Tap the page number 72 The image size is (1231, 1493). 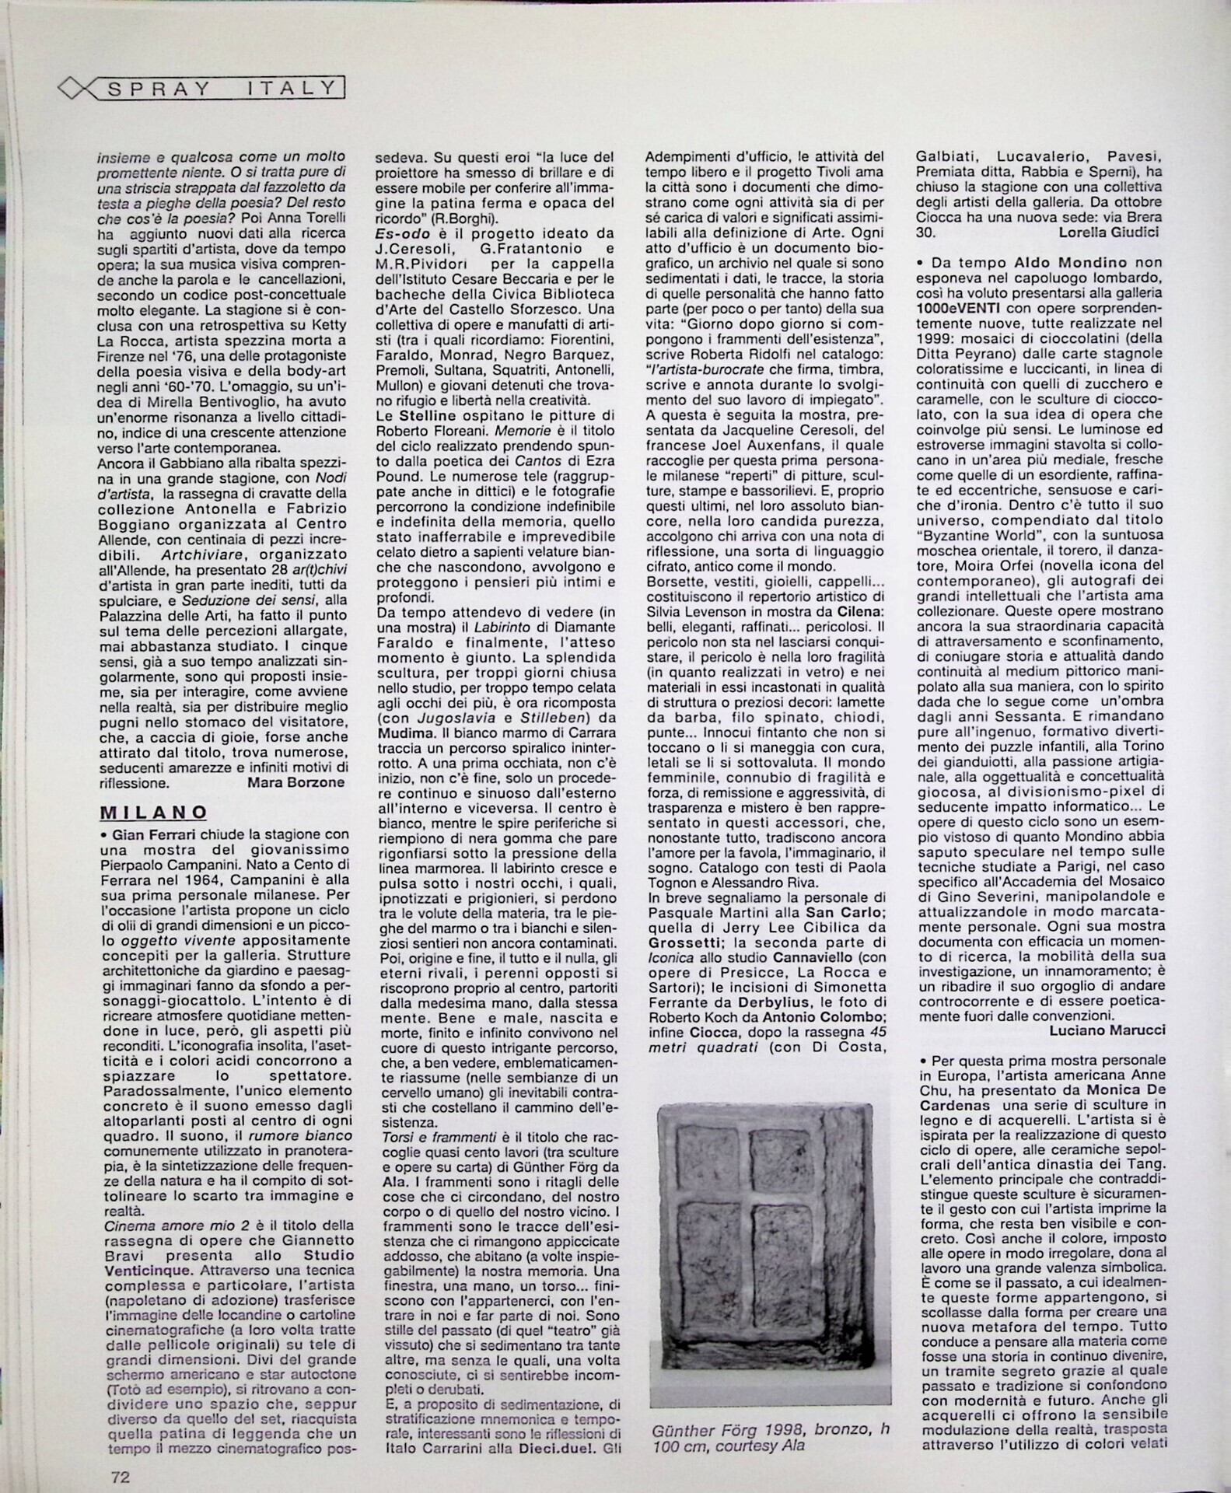tap(118, 1477)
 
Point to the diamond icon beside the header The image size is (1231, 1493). tap(75, 89)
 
